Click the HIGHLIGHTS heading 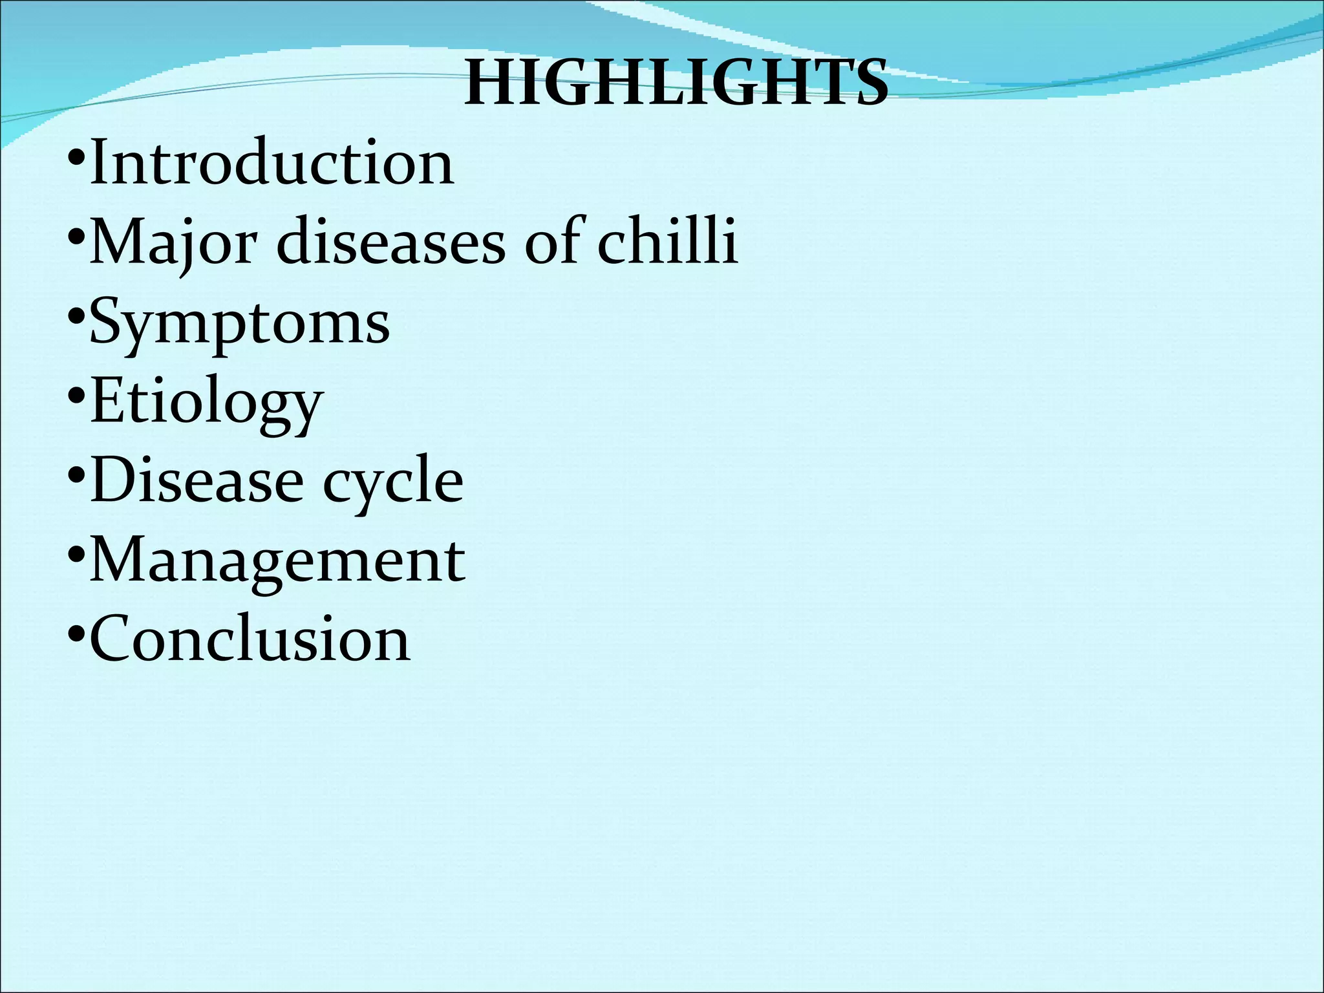(676, 83)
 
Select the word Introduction (272, 163)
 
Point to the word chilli (667, 242)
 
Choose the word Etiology (206, 402)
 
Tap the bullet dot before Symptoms (76, 317)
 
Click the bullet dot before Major (76, 237)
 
